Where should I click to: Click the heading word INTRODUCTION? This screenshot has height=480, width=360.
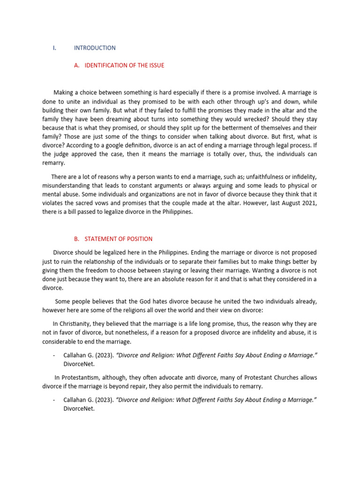coord(95,48)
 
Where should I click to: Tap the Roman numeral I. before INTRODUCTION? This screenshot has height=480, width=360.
coord(54,48)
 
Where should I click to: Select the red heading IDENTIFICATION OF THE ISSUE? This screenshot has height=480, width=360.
coord(124,65)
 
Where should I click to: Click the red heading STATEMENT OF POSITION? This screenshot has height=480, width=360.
coord(118,239)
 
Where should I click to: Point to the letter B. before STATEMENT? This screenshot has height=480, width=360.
coord(77,239)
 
